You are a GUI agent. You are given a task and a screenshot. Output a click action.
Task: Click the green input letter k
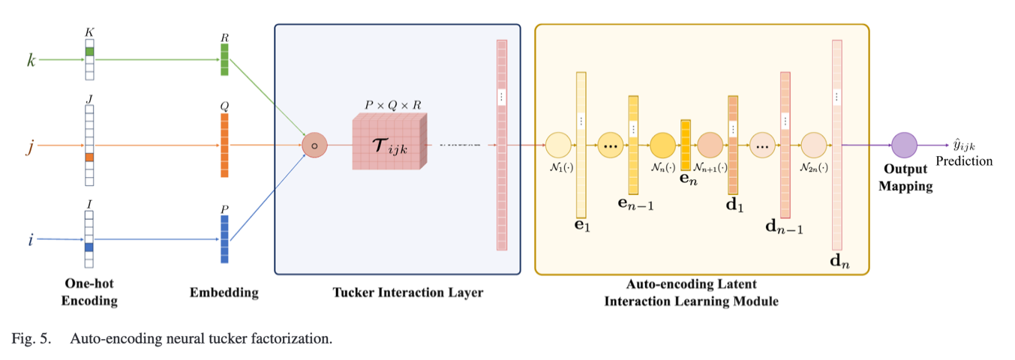point(32,59)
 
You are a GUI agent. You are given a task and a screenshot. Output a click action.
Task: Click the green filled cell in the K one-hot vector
point(89,52)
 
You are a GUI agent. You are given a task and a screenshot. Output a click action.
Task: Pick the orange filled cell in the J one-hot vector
point(89,157)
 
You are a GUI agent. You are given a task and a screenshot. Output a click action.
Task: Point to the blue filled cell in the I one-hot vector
point(89,247)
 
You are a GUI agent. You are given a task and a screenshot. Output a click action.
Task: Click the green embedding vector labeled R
point(224,59)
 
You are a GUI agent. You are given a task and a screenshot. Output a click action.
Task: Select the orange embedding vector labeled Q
point(224,145)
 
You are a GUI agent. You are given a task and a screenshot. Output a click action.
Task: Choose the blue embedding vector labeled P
point(224,238)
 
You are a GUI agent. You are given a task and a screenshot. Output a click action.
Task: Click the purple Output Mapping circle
point(904,145)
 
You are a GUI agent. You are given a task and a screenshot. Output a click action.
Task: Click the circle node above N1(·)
point(558,145)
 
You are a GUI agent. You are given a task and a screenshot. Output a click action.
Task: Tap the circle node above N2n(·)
point(813,145)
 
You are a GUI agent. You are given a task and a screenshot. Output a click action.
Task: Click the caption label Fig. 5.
point(32,338)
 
